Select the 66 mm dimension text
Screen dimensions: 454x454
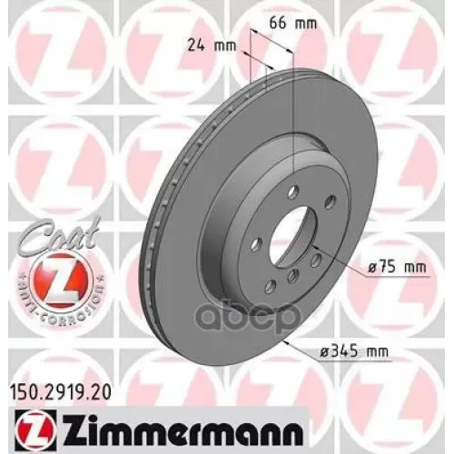coord(293,20)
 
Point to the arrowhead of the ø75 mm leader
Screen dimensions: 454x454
coord(313,247)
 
